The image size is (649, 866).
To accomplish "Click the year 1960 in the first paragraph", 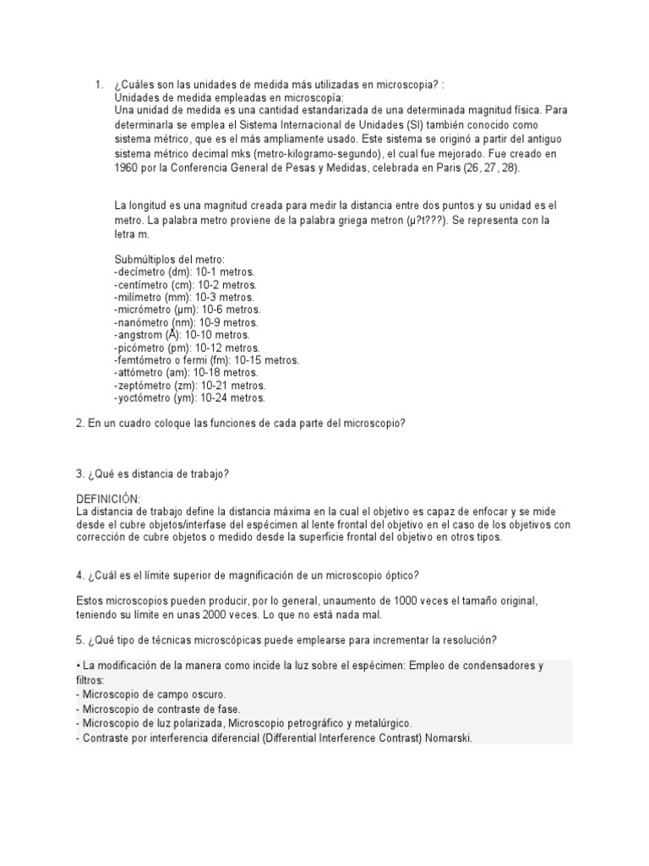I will (x=126, y=167).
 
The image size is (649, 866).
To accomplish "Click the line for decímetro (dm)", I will (x=183, y=271).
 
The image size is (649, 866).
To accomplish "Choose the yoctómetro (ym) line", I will (x=189, y=397).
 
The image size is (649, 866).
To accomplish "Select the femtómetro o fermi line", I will (x=206, y=360).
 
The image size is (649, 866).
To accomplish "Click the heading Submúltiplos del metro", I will (x=169, y=259).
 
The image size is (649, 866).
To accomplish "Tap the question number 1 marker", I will (x=99, y=85).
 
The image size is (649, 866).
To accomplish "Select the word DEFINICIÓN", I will (x=108, y=500).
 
